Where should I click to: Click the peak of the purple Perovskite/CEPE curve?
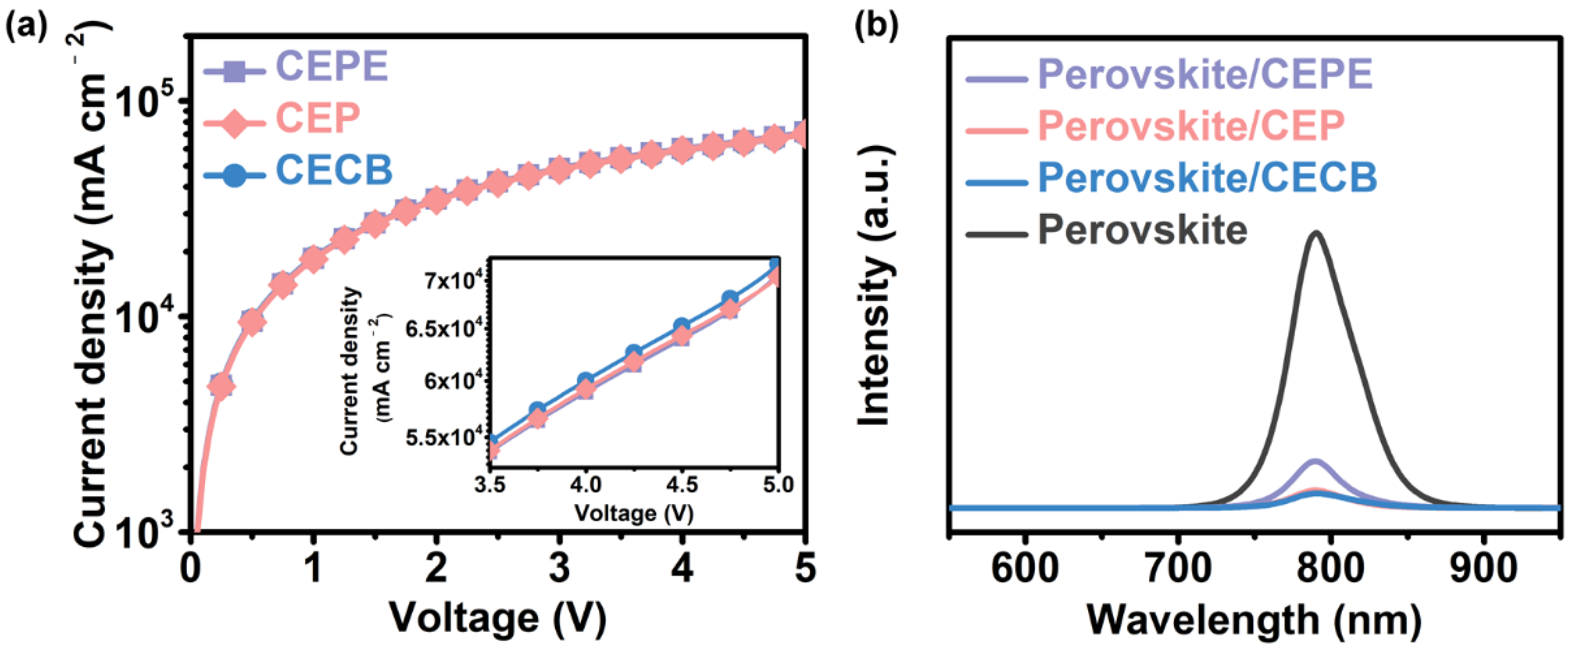pos(1316,461)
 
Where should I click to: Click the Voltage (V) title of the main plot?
pos(498,619)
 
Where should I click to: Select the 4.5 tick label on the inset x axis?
pos(681,485)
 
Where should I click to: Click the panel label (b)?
pos(877,28)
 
